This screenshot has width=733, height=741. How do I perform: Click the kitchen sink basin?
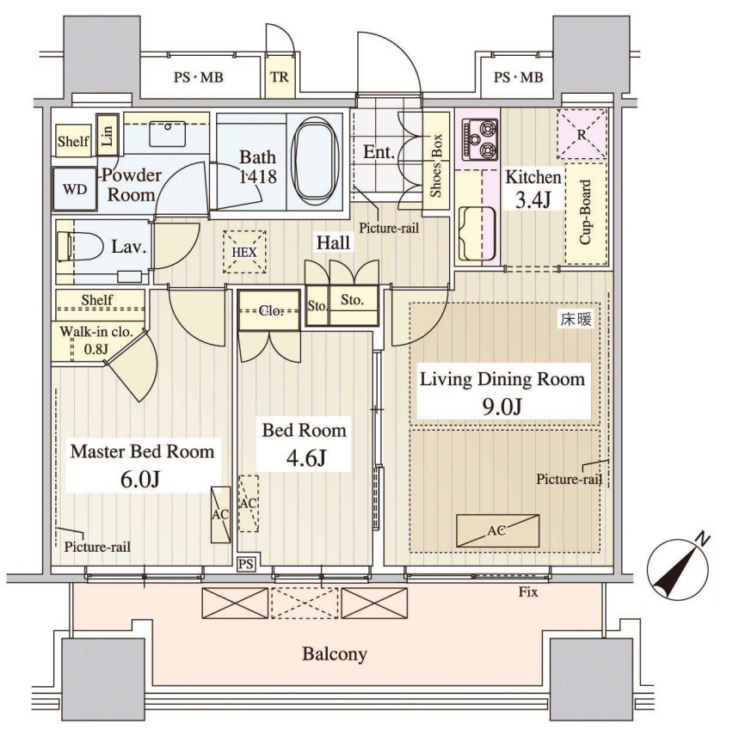tap(477, 234)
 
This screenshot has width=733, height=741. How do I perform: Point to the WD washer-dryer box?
tap(75, 189)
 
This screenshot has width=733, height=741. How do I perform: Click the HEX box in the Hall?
tap(244, 252)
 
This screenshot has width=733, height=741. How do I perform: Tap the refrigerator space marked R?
tap(582, 134)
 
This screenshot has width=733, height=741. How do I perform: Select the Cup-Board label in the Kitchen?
tap(586, 212)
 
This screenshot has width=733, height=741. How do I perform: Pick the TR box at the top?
tap(280, 77)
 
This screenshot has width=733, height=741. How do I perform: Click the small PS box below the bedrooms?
tap(246, 564)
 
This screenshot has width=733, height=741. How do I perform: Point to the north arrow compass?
tap(677, 567)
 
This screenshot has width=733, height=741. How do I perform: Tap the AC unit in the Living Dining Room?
tap(497, 530)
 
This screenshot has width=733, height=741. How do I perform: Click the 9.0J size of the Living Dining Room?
tap(502, 407)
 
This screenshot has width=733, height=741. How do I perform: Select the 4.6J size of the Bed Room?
tap(306, 457)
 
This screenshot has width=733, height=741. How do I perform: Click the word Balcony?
tap(335, 654)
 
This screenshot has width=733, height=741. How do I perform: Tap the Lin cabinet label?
tap(108, 135)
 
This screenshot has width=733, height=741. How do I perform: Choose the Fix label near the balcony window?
tap(528, 591)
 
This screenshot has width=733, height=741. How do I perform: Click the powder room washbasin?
tap(168, 133)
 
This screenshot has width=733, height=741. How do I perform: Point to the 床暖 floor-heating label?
tap(576, 320)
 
